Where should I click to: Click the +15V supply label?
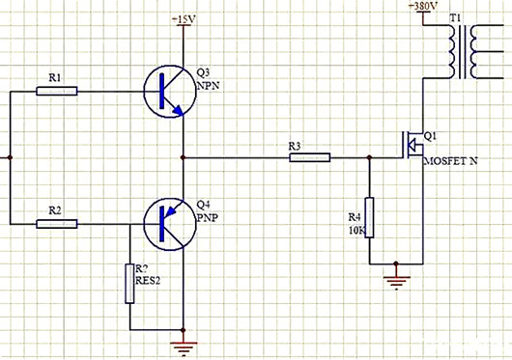[183, 20]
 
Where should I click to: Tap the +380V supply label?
[423, 7]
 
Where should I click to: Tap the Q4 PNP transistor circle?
[167, 223]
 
